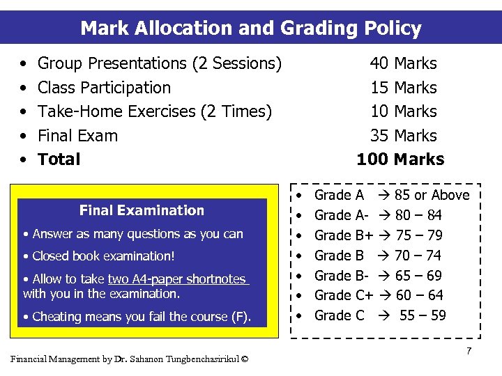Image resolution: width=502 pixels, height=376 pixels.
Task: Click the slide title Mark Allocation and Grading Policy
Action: pos(251,29)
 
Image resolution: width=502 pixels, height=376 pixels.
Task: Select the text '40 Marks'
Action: pos(403,63)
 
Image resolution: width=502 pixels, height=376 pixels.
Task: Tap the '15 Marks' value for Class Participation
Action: pos(403,88)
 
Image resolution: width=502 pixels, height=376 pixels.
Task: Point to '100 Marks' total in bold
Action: pos(400,159)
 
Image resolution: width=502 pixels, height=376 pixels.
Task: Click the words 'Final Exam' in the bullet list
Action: pos(77,136)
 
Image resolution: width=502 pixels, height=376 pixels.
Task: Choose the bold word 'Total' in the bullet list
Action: pos(59,159)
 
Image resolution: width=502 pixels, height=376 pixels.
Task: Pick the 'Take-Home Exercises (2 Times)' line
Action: pos(154,111)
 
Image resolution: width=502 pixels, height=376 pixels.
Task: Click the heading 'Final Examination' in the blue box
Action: pos(142,210)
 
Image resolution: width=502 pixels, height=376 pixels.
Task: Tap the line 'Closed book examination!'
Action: pos(103,256)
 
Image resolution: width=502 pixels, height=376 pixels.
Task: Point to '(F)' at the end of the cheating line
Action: pos(241,317)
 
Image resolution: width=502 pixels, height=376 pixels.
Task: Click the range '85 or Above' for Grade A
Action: pos(432,195)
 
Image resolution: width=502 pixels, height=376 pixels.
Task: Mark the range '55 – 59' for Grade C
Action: pos(423,315)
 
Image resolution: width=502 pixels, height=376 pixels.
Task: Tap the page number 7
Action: pos(469,351)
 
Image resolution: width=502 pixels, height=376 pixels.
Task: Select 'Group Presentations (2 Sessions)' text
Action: pos(160,63)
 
